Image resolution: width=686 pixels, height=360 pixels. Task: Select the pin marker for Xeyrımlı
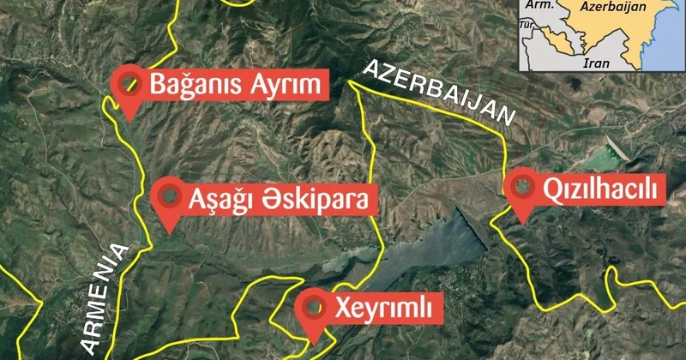[x=314, y=307]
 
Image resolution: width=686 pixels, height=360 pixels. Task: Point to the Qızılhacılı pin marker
[x=521, y=188]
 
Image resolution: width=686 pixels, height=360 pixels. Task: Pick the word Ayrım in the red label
[x=282, y=85]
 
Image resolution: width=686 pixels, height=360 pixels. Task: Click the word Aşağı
[x=225, y=200]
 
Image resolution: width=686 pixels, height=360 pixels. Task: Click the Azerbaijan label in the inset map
[x=612, y=7]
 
